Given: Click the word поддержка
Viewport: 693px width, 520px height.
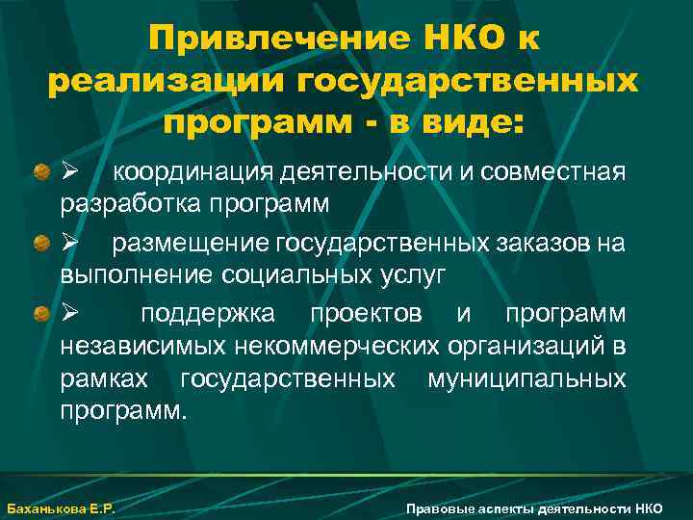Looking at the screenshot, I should pyautogui.click(x=206, y=315).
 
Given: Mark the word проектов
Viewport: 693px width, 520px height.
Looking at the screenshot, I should pyautogui.click(x=366, y=315).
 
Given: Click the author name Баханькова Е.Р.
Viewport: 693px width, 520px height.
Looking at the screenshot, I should pyautogui.click(x=61, y=508).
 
